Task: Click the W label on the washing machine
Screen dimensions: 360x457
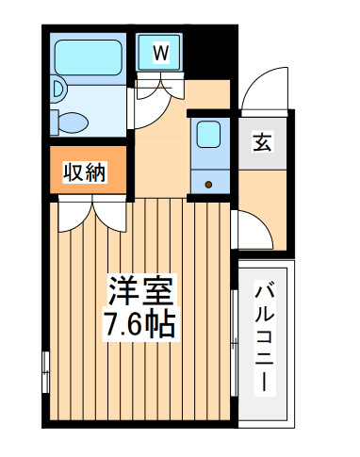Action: click(161, 53)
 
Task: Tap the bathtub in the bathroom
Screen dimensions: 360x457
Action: click(89, 57)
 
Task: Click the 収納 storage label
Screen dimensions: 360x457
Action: click(85, 171)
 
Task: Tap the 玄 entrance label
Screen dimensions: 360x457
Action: click(262, 142)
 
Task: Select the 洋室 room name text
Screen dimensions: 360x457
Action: click(140, 291)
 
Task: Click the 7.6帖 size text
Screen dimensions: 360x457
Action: click(140, 324)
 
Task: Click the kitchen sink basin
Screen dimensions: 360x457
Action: click(208, 134)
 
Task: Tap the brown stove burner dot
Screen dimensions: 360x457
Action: click(208, 185)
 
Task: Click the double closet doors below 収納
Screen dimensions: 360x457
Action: click(92, 214)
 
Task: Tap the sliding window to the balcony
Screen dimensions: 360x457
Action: click(234, 343)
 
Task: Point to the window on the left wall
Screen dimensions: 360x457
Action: click(46, 372)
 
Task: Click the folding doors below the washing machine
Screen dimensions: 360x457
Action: click(160, 86)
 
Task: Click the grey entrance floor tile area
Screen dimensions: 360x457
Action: click(262, 143)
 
